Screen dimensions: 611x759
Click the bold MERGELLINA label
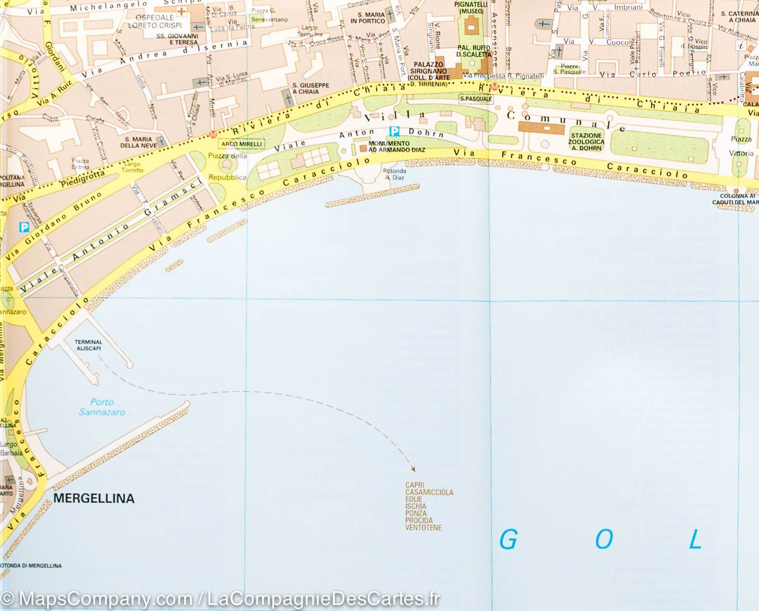[x=94, y=499]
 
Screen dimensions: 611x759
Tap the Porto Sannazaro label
[x=102, y=407]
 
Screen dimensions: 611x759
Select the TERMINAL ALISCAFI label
[x=89, y=345]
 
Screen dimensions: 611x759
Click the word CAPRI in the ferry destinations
[x=415, y=485]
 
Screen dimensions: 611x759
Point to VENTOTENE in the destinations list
[x=424, y=528]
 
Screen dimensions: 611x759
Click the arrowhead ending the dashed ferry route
[x=413, y=468]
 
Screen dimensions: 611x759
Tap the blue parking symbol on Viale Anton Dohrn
[x=394, y=132]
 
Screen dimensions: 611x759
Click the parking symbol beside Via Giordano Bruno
[x=24, y=228]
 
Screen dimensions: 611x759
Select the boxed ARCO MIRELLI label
[x=242, y=144]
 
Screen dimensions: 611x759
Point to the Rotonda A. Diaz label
[x=395, y=174]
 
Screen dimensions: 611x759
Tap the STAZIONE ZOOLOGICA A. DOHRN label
[x=586, y=142]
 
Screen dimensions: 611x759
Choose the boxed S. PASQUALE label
[x=476, y=99]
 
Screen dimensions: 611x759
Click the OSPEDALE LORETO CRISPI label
[x=151, y=21]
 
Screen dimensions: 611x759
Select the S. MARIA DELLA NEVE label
[x=140, y=143]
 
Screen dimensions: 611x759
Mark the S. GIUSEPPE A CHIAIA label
[x=311, y=89]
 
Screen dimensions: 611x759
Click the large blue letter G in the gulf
[x=508, y=540]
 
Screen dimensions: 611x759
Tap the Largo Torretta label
[x=133, y=167]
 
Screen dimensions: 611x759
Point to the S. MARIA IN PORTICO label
[x=368, y=18]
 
